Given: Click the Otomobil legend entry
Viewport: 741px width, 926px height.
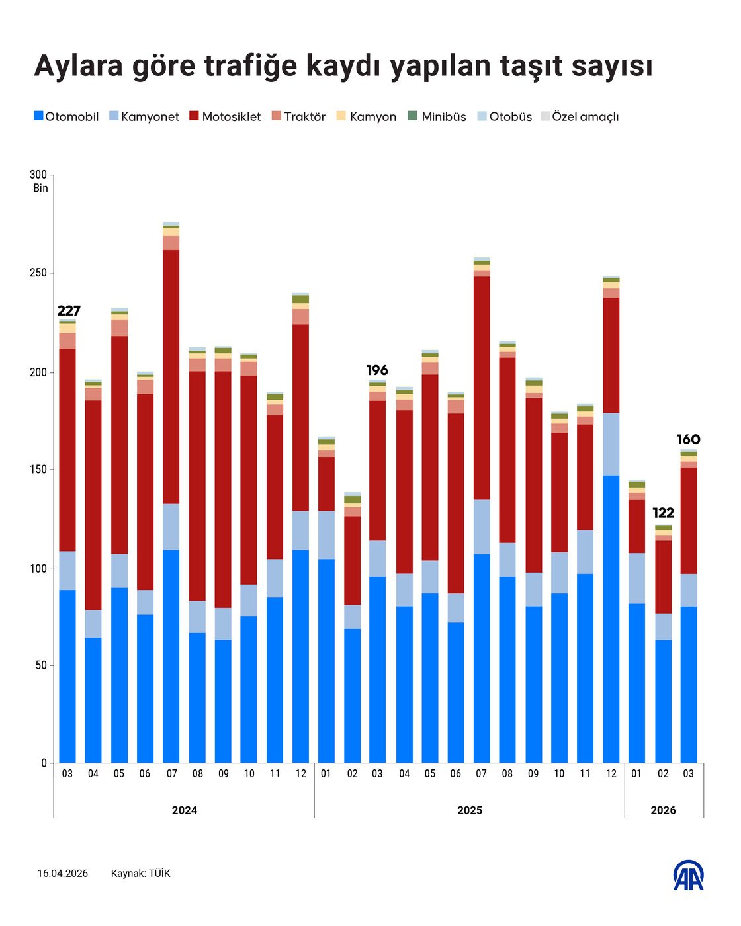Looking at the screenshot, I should [x=66, y=117].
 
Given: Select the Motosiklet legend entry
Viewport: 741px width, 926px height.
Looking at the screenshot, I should [x=225, y=117].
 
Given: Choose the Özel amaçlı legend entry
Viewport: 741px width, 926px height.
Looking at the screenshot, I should [x=580, y=117].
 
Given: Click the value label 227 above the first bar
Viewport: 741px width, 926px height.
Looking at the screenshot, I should [x=69, y=311].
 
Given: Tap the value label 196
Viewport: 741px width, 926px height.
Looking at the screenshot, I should [x=377, y=370].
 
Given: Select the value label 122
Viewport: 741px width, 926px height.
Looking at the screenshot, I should [x=663, y=513].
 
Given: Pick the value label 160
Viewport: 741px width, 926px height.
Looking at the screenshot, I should [x=688, y=440].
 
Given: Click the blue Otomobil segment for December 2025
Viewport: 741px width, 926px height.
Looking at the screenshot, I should [x=611, y=618].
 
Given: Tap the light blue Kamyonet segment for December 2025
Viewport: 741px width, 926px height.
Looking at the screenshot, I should [x=611, y=444].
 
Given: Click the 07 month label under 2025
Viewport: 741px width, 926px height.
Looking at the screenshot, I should [x=481, y=773].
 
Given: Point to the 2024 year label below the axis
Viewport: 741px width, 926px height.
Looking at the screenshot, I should [x=184, y=810].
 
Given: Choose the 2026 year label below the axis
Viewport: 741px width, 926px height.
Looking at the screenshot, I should [x=663, y=810].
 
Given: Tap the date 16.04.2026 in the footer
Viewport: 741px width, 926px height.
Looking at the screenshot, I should [x=62, y=874].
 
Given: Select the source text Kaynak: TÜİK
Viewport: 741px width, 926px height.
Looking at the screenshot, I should [x=140, y=874].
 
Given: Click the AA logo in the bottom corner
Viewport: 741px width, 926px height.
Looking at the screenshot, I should [x=689, y=875].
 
